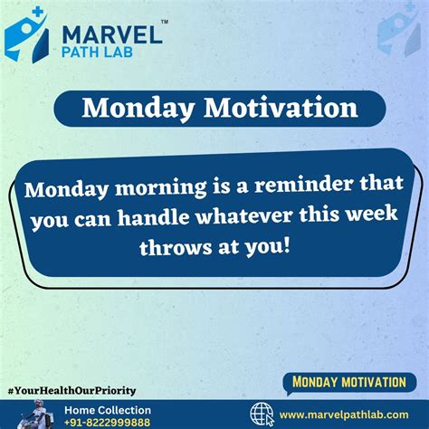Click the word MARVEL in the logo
tap(110, 34)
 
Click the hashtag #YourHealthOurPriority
tap(71, 390)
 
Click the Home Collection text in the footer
tap(107, 410)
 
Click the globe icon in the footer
tap(262, 415)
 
